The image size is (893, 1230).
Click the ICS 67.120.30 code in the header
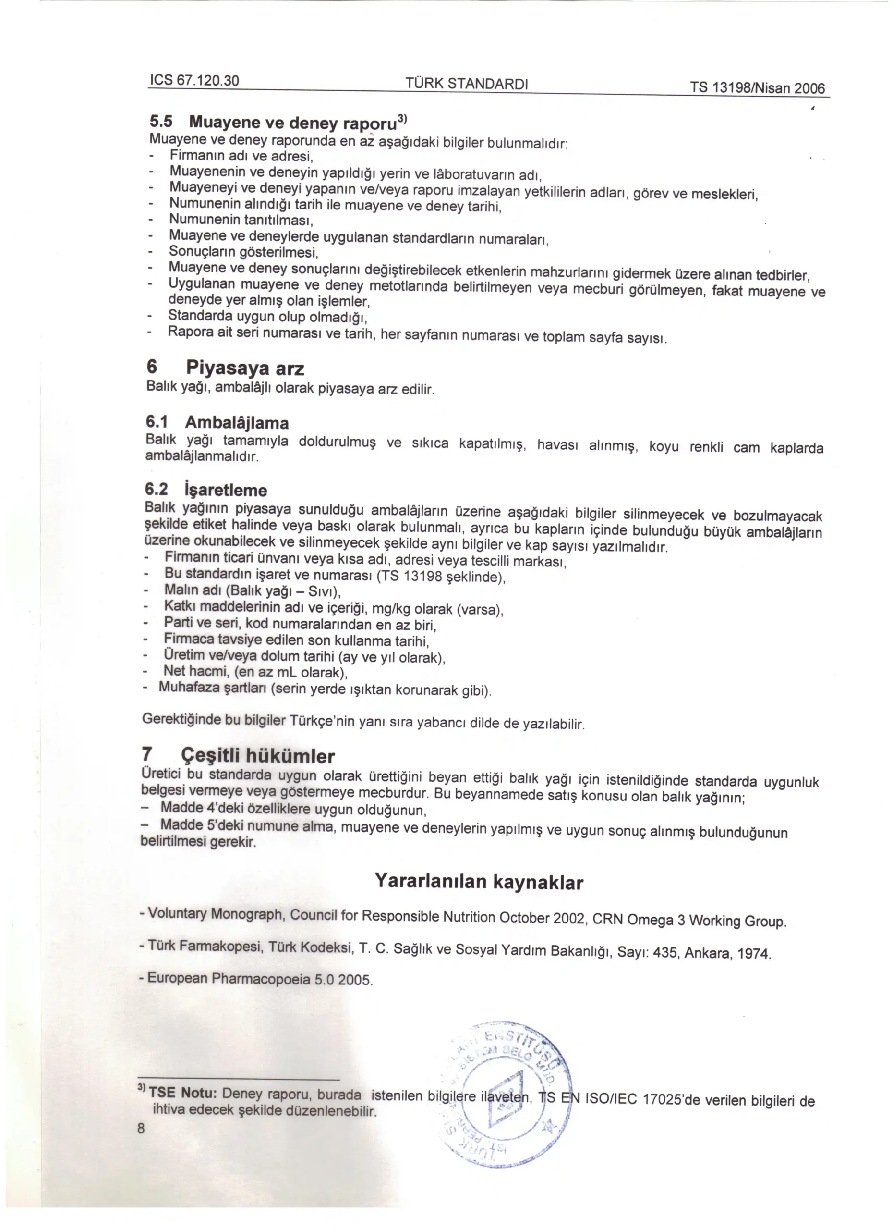pyautogui.click(x=194, y=80)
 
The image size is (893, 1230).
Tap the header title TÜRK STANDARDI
pyautogui.click(x=467, y=84)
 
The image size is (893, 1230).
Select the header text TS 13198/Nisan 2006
pyautogui.click(x=757, y=87)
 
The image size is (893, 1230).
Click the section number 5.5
pyautogui.click(x=161, y=121)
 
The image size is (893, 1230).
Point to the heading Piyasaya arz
pyautogui.click(x=245, y=368)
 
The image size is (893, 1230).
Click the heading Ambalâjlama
pyautogui.click(x=237, y=422)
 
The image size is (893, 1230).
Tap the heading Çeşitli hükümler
pyautogui.click(x=257, y=755)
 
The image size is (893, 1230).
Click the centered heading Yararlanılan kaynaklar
pyautogui.click(x=479, y=881)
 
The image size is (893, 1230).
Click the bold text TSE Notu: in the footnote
pyautogui.click(x=183, y=1092)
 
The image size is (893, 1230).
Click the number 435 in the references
pyautogui.click(x=665, y=953)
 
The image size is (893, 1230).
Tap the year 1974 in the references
pyautogui.click(x=753, y=954)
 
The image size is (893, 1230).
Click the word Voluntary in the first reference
pyautogui.click(x=177, y=913)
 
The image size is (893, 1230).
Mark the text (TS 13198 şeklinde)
pyautogui.click(x=441, y=576)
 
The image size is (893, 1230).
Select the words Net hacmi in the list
pyautogui.click(x=188, y=671)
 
